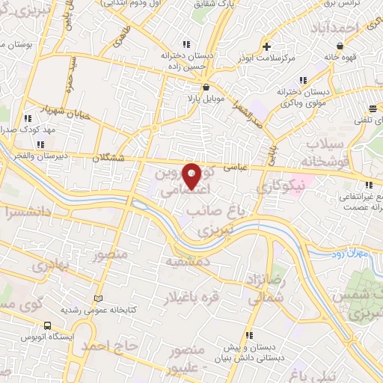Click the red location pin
coord(191,176)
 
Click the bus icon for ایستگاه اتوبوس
coord(48,326)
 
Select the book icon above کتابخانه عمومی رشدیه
coord(96,298)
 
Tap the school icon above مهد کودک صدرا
coord(28,118)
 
